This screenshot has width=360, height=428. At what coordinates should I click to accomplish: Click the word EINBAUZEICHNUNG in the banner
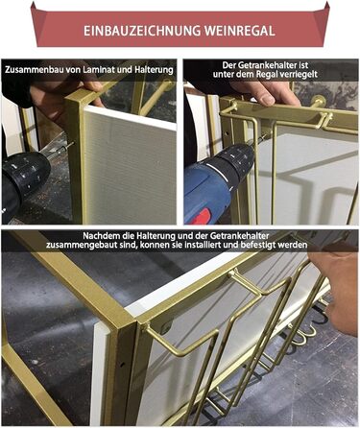pyautogui.click(x=142, y=31)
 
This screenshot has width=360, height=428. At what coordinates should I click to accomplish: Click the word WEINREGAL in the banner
pyautogui.click(x=240, y=31)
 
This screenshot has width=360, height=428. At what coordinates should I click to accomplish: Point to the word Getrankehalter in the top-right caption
pyautogui.click(x=267, y=65)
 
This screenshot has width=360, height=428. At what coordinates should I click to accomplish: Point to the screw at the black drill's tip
pyautogui.click(x=69, y=145)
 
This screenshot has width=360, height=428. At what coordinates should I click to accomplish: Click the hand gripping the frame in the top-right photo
pyautogui.click(x=266, y=92)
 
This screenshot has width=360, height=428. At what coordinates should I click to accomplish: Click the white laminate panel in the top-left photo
pyautogui.click(x=130, y=166)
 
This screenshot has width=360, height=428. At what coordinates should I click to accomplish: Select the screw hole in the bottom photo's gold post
pyautogui.click(x=122, y=364)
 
